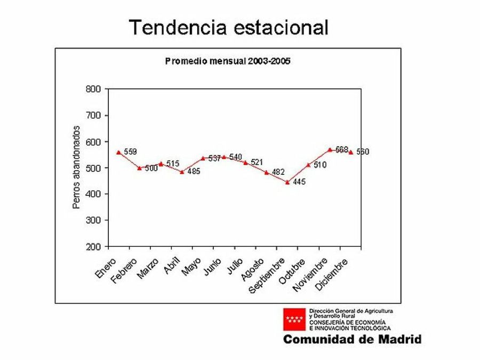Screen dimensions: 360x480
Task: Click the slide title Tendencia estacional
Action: coord(229,27)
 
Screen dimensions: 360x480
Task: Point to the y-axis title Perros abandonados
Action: coord(77,167)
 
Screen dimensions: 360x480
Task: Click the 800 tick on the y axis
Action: coord(93,89)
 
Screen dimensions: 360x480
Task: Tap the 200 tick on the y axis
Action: coord(93,247)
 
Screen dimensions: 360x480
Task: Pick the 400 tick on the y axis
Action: coord(93,194)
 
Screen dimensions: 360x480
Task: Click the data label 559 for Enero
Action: coord(131,152)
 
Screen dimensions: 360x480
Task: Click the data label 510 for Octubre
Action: coord(320,165)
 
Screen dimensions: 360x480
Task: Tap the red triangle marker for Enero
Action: coord(118,152)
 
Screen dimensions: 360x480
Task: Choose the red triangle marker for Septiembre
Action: coord(287,182)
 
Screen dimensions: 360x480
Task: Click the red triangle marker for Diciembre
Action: coord(350,152)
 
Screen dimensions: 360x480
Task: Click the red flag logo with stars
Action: coord(294,319)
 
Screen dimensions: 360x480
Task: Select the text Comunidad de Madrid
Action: coord(352,339)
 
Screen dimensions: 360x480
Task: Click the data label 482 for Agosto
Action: coord(278,173)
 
